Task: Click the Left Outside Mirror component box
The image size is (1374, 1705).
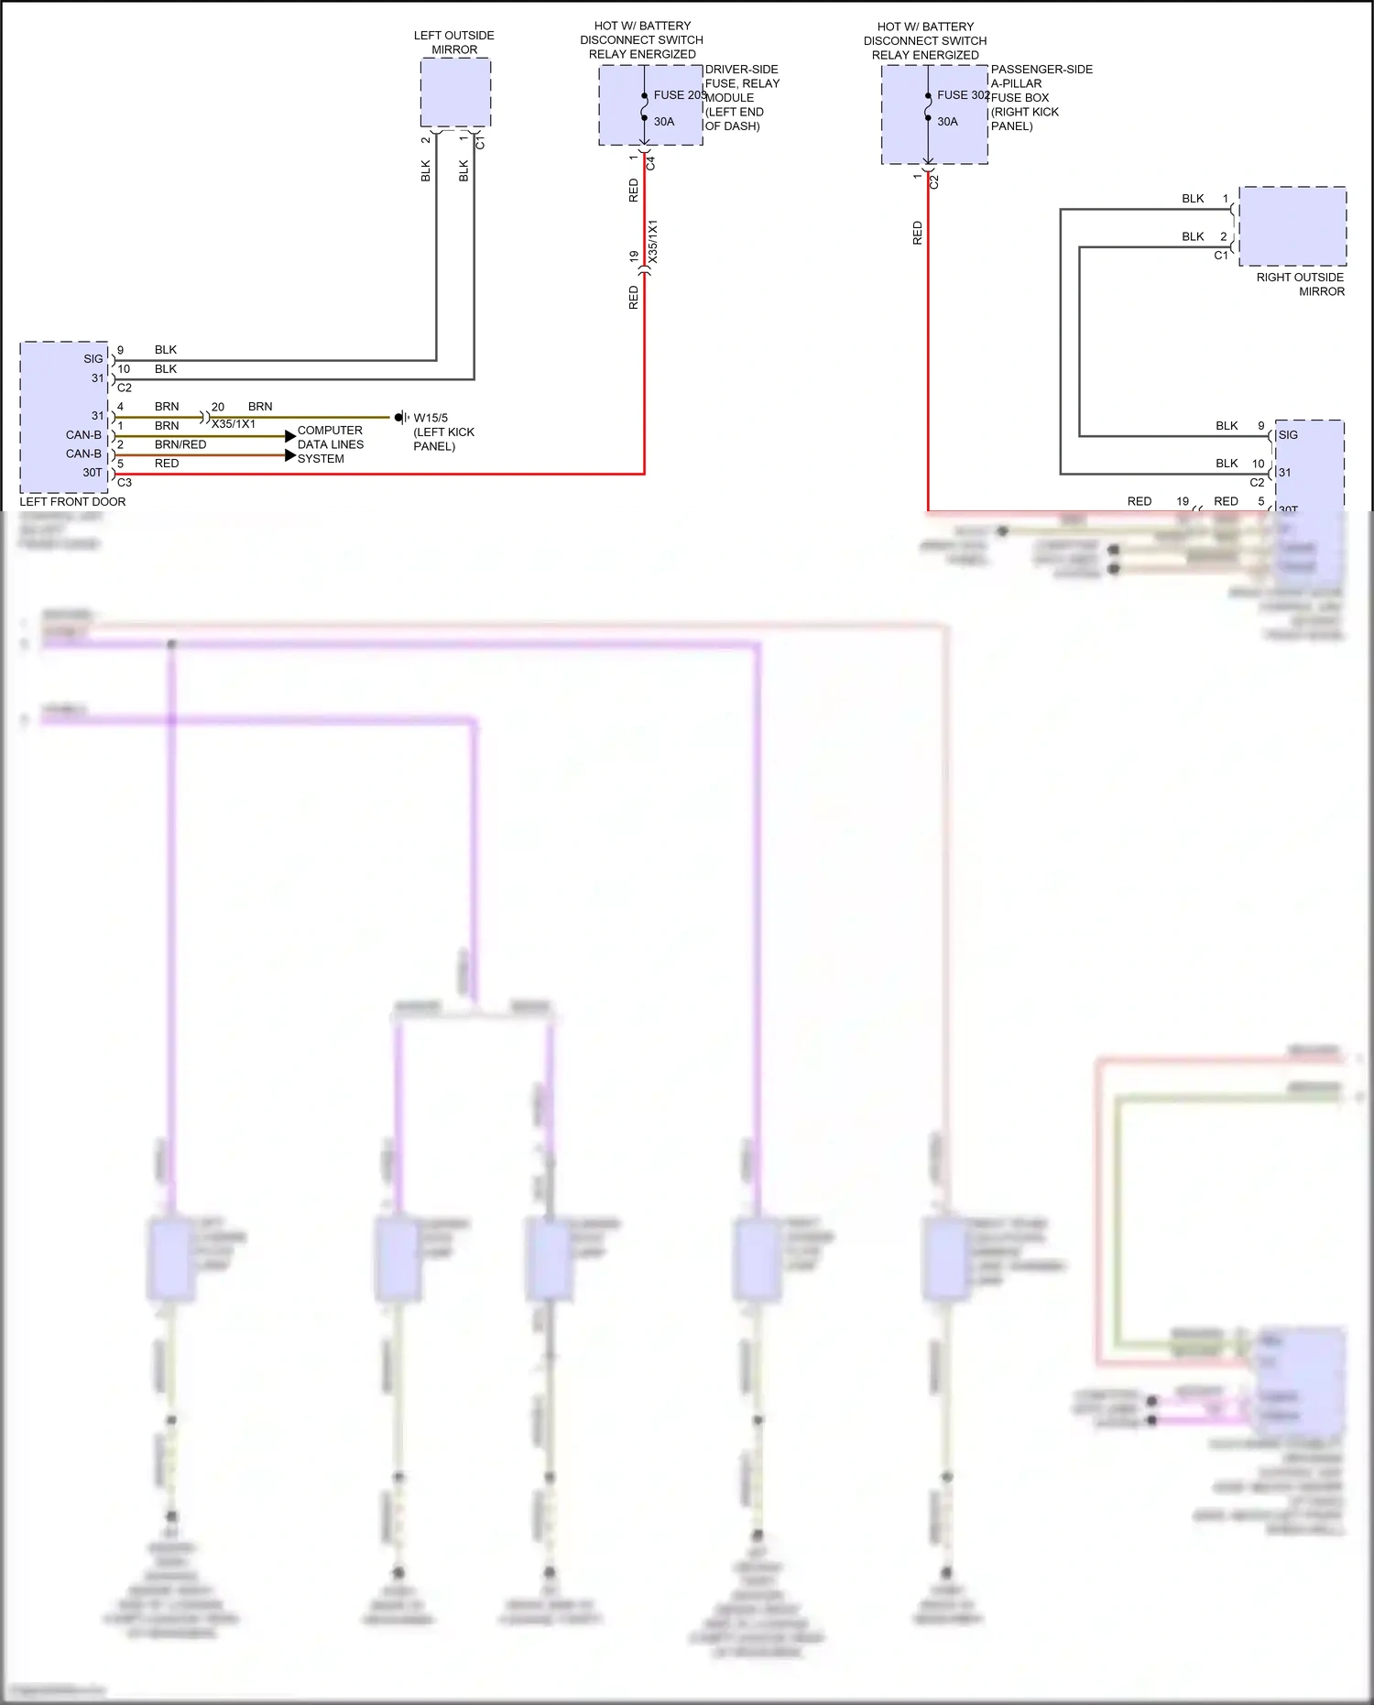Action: pos(455,93)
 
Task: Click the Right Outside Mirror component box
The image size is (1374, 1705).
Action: pos(1292,226)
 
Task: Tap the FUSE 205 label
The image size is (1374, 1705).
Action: pos(679,95)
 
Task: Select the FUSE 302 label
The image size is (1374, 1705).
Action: pos(963,95)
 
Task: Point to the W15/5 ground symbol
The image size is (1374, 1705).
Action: pos(400,418)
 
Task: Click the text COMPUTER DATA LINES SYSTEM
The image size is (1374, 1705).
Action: pos(330,444)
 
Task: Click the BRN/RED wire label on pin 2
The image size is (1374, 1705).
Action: pos(180,444)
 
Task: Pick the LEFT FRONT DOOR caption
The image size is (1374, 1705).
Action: pos(72,502)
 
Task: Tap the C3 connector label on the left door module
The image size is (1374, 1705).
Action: pos(125,482)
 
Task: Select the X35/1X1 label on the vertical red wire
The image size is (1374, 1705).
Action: pos(653,241)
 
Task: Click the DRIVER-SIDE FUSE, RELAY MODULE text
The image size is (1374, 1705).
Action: pos(741,97)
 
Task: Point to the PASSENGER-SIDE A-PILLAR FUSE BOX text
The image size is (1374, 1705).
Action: pos(1041,97)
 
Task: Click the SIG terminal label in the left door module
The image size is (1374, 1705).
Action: pos(93,359)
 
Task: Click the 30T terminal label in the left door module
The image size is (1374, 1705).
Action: pos(93,473)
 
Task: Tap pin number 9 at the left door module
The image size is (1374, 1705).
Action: pos(120,350)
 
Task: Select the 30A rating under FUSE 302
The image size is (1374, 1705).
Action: pos(947,122)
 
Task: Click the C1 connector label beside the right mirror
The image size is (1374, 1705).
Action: pos(1220,256)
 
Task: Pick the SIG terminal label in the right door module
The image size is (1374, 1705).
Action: pos(1288,435)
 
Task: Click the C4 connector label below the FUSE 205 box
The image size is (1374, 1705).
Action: pos(651,163)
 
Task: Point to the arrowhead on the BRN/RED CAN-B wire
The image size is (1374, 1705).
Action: pos(290,455)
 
